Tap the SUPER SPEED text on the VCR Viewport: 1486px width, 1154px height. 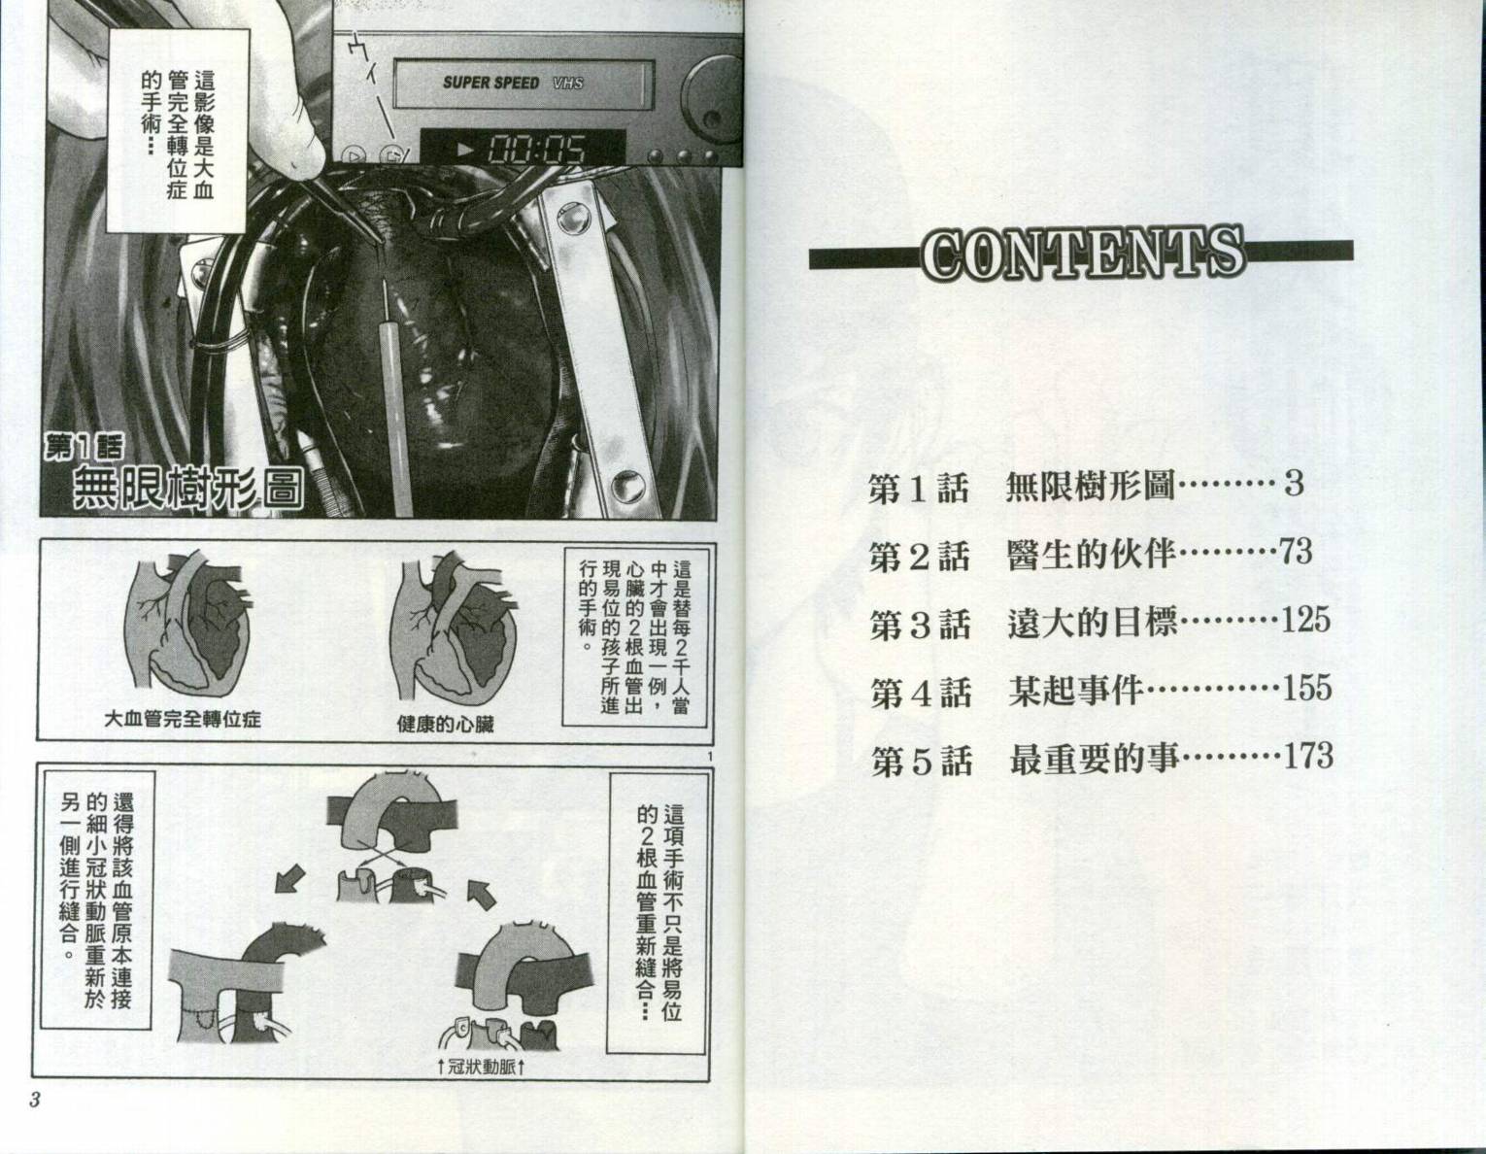(491, 84)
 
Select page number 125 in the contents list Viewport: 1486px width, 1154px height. (1305, 620)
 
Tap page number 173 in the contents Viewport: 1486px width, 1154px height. (1308, 756)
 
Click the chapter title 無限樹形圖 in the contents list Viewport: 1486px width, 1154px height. (1090, 486)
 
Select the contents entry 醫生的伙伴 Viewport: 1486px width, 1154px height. (1092, 555)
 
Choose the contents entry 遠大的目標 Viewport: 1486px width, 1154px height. (1093, 623)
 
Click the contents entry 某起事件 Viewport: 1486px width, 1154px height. (1076, 692)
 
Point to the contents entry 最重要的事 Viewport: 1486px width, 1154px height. (1096, 760)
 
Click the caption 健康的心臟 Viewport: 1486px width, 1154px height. (445, 724)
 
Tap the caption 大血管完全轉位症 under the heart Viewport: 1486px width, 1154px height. (183, 719)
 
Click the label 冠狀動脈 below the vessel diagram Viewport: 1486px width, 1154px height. (482, 1068)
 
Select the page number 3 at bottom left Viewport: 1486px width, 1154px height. (34, 1101)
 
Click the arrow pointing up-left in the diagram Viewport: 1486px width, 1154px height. (482, 894)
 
